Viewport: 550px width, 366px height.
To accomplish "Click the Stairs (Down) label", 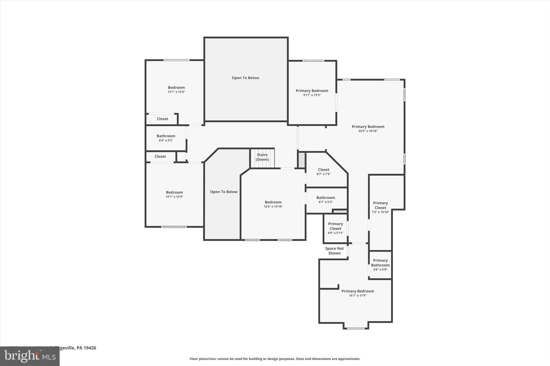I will (262, 157).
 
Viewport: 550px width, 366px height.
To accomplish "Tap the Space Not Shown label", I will (334, 251).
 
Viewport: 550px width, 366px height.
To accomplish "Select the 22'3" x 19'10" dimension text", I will (368, 131).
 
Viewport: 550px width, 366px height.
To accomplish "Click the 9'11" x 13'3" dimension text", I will (312, 95).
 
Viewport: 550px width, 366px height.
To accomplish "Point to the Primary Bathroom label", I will (380, 263).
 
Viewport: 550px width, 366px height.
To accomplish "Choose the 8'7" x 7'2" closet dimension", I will (324, 174).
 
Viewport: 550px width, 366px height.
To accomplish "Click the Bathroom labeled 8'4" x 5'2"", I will (166, 136).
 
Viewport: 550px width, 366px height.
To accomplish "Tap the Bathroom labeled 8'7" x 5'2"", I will (325, 198).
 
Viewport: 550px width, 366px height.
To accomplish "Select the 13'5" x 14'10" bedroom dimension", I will (273, 207).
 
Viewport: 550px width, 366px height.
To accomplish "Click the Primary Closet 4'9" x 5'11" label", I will (335, 226).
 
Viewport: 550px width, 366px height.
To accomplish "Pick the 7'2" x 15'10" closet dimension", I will (380, 212).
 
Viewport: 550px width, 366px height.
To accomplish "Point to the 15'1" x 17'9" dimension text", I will (357, 296).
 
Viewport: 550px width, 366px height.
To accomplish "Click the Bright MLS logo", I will (30, 356).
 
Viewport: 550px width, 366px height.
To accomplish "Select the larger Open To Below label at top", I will (245, 78).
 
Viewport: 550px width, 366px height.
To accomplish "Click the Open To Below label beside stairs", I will (224, 192).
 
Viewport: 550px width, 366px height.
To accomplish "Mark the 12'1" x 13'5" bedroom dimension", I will (176, 92).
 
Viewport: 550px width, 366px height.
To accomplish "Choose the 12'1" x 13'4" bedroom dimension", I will (174, 197).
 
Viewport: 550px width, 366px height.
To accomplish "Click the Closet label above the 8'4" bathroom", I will (162, 119).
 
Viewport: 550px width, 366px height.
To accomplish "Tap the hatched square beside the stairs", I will (302, 160).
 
